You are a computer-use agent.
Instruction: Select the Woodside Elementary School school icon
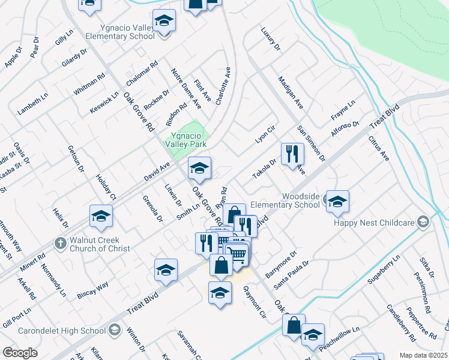pos(337,202)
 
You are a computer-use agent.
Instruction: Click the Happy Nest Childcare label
pos(375,223)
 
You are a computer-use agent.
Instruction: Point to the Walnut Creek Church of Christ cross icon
pos(59,243)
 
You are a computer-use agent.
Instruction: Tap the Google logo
pos(20,353)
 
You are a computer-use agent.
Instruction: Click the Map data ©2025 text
pos(424,355)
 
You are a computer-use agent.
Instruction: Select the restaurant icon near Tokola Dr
pos(292,154)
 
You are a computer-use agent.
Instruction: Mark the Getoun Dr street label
pos(76,158)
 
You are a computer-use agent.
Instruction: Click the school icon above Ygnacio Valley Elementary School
pos(164,22)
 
